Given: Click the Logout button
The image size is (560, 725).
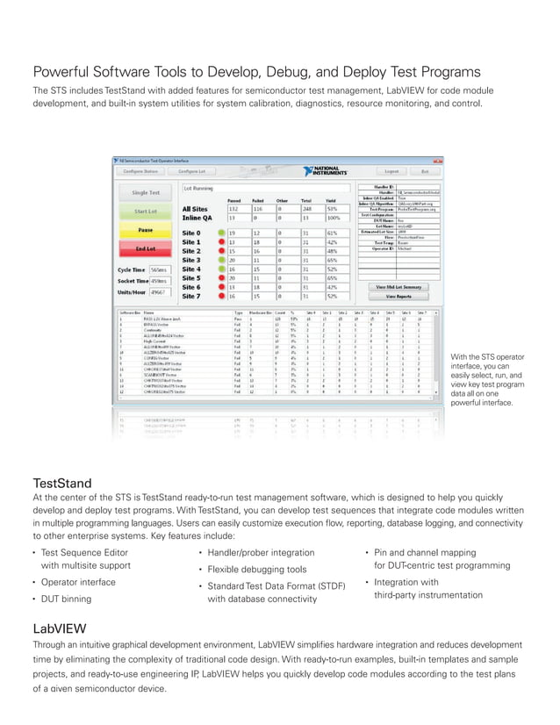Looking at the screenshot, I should [391, 171].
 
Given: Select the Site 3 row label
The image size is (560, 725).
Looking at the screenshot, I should [192, 260].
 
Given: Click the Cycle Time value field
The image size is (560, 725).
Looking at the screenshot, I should [159, 269].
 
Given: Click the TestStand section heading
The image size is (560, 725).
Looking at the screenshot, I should [61, 484].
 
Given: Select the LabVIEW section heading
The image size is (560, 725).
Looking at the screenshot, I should [59, 629].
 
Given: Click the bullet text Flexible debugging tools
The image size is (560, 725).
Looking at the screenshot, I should [251, 570].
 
